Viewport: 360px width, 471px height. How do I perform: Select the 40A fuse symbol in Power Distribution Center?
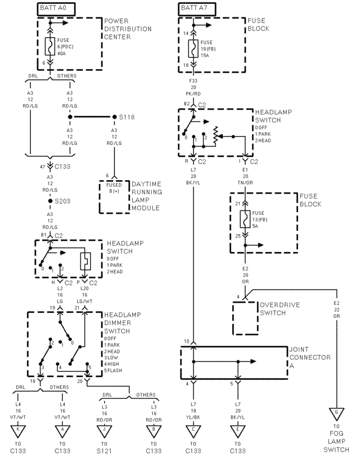51,46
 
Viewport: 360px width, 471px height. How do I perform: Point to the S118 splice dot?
115,118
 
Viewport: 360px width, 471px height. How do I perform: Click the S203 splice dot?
50,200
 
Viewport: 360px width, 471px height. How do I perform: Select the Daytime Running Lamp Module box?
115,196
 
